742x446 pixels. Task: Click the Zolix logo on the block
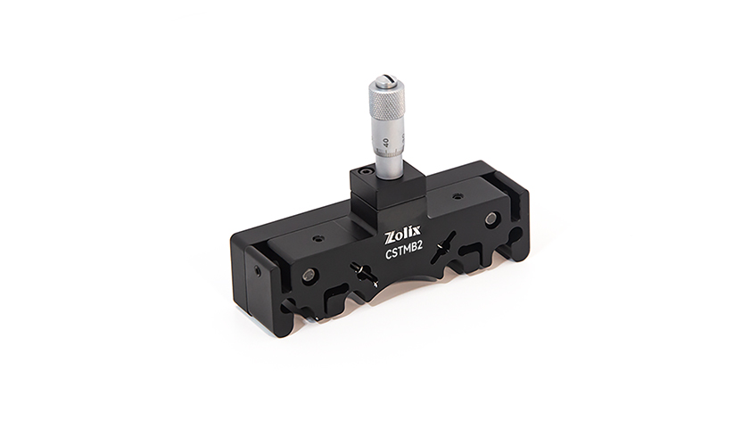[400, 235]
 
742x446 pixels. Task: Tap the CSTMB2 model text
[403, 252]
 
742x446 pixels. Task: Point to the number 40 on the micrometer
[385, 142]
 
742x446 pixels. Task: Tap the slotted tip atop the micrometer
[388, 79]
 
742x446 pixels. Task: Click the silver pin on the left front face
[310, 276]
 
